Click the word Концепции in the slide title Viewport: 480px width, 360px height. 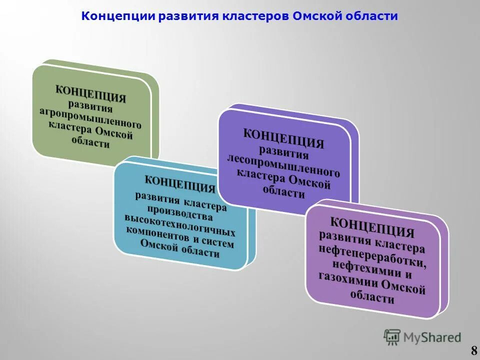(x=117, y=16)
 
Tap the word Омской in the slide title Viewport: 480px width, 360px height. (x=316, y=16)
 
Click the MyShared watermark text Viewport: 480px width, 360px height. (x=432, y=337)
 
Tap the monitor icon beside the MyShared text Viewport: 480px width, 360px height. (x=392, y=337)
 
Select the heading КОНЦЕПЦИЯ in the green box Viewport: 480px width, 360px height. (x=90, y=93)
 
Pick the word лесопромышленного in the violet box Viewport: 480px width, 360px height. (x=283, y=164)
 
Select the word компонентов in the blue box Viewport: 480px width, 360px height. (x=158, y=234)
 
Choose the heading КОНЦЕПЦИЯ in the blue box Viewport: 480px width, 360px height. (x=180, y=183)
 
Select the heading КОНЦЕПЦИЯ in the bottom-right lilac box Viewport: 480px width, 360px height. (x=372, y=226)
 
